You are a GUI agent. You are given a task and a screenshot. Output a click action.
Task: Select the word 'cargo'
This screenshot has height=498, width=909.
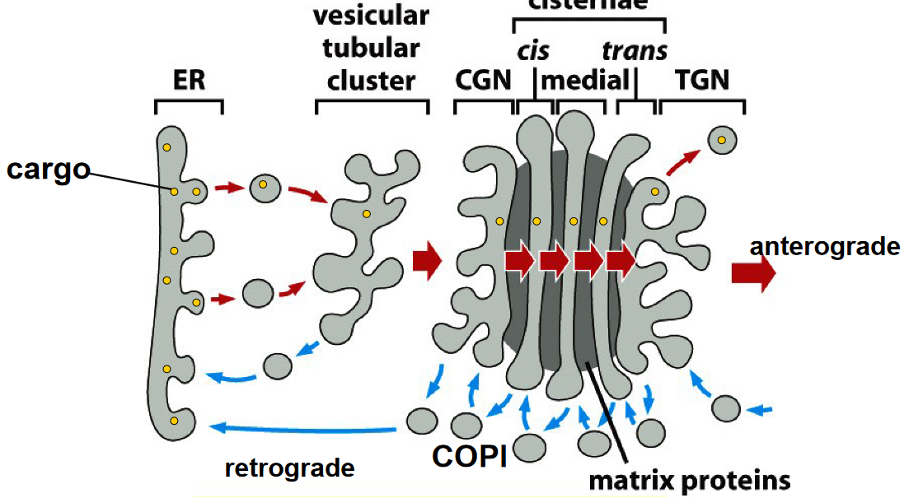pos(48,170)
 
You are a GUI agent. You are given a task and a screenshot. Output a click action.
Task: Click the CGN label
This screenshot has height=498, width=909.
pos(482,80)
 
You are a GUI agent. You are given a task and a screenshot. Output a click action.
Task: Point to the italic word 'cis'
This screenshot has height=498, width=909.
pos(533,51)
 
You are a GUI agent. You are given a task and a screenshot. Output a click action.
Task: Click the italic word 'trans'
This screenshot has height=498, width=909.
pos(634,51)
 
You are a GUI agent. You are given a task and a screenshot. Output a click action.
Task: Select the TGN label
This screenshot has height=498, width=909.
pos(703,80)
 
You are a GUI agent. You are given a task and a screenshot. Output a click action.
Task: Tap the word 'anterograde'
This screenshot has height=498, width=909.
pos(824,247)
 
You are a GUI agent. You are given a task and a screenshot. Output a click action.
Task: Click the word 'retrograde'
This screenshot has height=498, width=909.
pos(289,468)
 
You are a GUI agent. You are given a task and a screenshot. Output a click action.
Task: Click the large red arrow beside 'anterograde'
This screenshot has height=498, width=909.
pos(752,274)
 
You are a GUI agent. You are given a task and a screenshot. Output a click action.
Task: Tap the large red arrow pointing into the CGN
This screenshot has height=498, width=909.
pos(427,261)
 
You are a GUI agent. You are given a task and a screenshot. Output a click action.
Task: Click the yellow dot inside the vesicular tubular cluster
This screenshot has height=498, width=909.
pos(365,214)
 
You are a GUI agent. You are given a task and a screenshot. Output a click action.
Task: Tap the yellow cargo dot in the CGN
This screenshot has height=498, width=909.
pos(499,221)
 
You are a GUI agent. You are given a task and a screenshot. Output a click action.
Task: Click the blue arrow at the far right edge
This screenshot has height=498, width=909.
pos(763,408)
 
